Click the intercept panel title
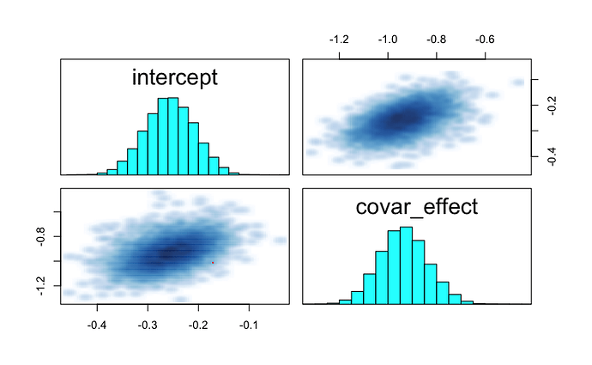pyautogui.click(x=174, y=77)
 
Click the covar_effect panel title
pyautogui.click(x=415, y=208)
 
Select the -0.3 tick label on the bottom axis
pyautogui.click(x=148, y=325)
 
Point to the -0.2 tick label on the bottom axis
pyautogui.click(x=198, y=325)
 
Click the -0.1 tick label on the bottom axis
pyautogui.click(x=249, y=325)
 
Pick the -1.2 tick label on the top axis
pyautogui.click(x=340, y=39)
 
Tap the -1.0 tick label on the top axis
pyautogui.click(x=388, y=39)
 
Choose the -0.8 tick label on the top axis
pyautogui.click(x=437, y=39)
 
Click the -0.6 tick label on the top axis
pyautogui.click(x=485, y=39)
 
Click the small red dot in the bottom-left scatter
pyautogui.click(x=213, y=262)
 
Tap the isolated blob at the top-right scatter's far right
pyautogui.click(x=517, y=82)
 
